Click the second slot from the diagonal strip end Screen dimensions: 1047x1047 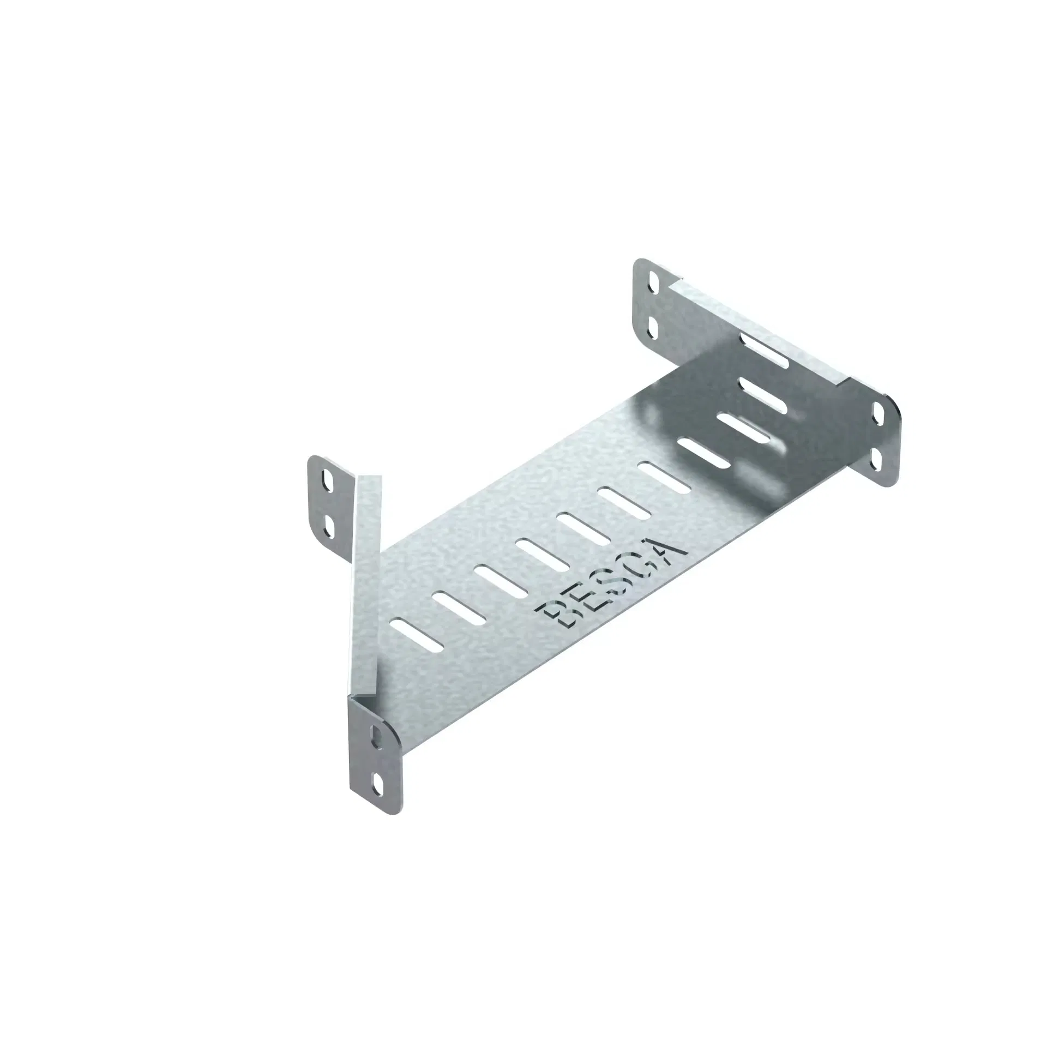(x=459, y=606)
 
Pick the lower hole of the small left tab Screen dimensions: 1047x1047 (x=328, y=524)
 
